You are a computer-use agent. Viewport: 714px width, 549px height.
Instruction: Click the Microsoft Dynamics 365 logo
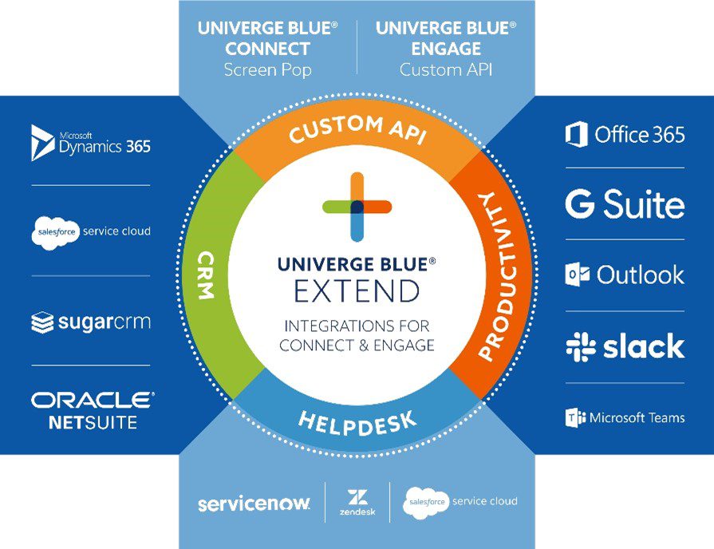(x=90, y=142)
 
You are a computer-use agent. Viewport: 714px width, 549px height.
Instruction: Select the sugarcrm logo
(x=90, y=322)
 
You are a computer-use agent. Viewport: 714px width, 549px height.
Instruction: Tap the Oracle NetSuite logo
(x=92, y=410)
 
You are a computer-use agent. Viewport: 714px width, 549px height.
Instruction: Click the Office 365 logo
(x=625, y=134)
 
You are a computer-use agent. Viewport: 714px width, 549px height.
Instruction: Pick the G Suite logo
(x=625, y=204)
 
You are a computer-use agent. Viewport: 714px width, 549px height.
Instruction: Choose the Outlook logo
(x=625, y=275)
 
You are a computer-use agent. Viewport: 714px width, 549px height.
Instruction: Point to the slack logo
(x=625, y=346)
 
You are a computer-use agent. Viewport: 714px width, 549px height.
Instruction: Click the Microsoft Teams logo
(x=625, y=417)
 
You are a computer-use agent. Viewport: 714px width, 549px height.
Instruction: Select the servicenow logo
(x=253, y=504)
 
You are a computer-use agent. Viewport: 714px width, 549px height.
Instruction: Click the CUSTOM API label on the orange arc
(x=357, y=130)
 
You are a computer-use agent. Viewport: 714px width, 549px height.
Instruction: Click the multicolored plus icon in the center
(x=357, y=206)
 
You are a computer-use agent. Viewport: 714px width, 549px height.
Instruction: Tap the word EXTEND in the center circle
(x=357, y=291)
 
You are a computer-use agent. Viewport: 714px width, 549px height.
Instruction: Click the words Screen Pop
(x=267, y=69)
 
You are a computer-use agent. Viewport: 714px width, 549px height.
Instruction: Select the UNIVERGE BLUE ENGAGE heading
(x=446, y=38)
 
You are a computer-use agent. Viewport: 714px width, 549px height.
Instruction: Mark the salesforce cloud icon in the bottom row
(x=426, y=502)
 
